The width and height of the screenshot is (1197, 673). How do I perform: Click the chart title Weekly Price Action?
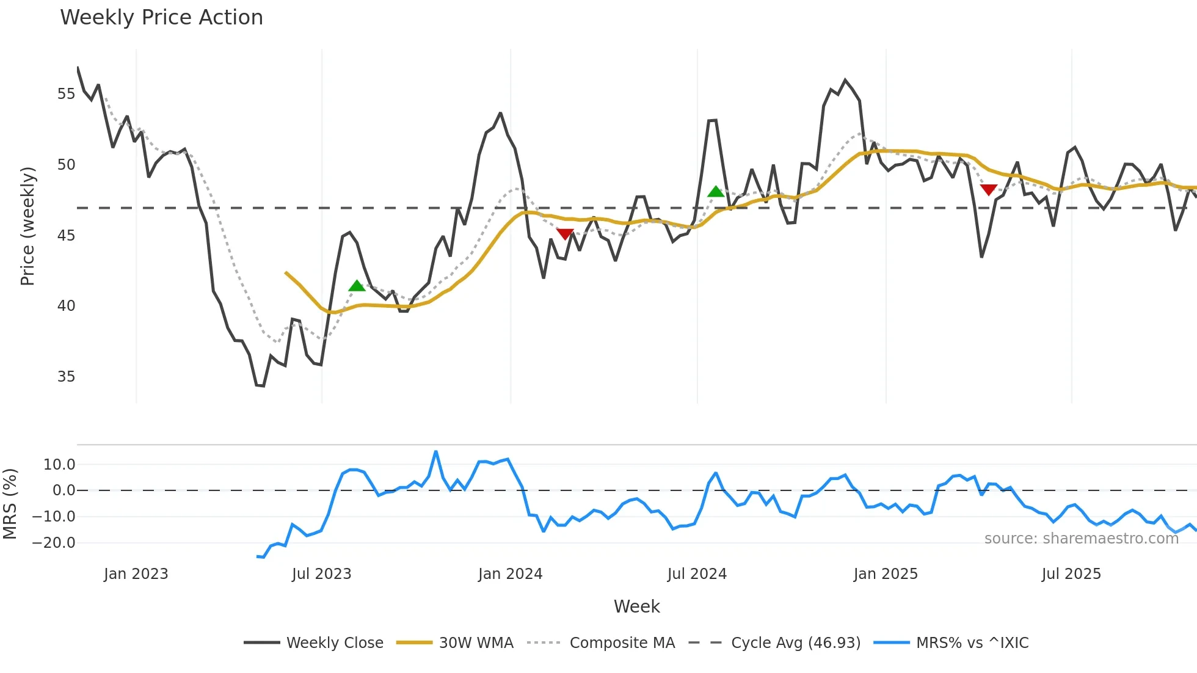pyautogui.click(x=161, y=18)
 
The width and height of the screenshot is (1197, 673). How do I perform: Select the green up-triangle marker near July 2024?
pyautogui.click(x=716, y=192)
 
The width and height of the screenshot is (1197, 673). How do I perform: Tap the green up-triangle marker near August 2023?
pyautogui.click(x=357, y=286)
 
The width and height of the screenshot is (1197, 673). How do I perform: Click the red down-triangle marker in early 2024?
pyautogui.click(x=565, y=234)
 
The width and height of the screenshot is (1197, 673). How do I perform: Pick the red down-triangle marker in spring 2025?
pyautogui.click(x=988, y=190)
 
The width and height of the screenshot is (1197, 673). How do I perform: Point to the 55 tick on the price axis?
pyautogui.click(x=66, y=94)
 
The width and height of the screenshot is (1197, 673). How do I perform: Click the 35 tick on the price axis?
pyautogui.click(x=66, y=377)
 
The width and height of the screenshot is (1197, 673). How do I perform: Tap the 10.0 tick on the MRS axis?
pyautogui.click(x=59, y=465)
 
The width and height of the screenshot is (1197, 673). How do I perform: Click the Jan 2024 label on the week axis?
pyautogui.click(x=510, y=574)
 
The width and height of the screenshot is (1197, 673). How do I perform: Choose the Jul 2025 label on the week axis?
pyautogui.click(x=1071, y=574)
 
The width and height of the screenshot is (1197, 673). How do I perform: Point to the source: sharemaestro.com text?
pyautogui.click(x=1081, y=539)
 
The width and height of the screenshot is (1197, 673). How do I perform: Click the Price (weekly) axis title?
pyautogui.click(x=27, y=226)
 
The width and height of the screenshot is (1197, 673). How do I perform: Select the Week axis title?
pyautogui.click(x=636, y=606)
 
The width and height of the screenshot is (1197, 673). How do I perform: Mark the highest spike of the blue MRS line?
pyautogui.click(x=435, y=452)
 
